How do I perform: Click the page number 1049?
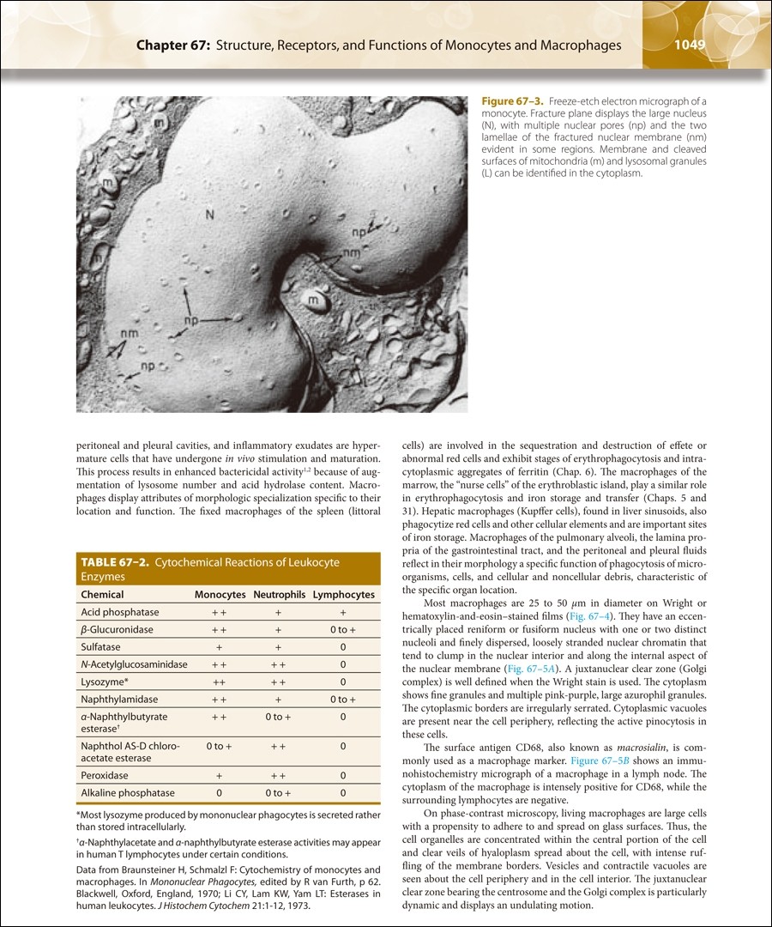point(690,45)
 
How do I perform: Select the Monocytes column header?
point(220,595)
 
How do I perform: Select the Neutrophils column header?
point(279,595)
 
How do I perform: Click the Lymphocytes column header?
point(343,595)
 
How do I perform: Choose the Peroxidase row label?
point(104,776)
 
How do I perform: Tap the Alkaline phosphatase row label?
point(127,793)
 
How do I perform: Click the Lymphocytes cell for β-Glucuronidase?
point(342,630)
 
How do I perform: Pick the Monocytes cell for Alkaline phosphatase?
point(220,793)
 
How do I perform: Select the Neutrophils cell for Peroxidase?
point(279,776)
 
